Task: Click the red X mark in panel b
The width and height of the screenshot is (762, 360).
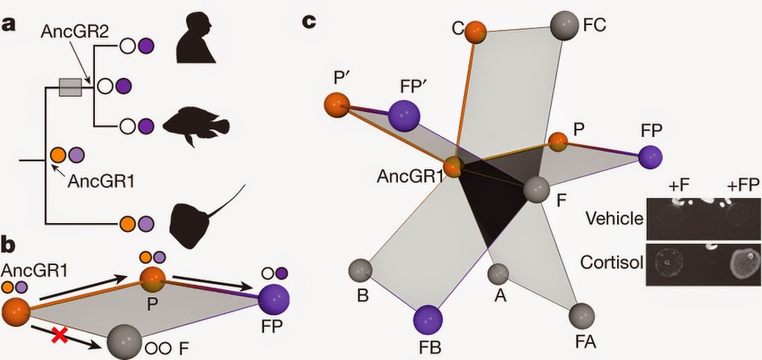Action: [x=60, y=336]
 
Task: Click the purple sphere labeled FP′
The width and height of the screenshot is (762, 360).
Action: [x=404, y=116]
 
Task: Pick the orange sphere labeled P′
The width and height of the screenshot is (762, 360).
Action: [x=337, y=106]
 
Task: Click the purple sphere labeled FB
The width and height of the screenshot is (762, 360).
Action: [x=428, y=321]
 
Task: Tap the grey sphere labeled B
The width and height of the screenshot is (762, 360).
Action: [x=361, y=270]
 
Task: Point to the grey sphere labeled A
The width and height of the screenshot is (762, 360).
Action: [x=498, y=274]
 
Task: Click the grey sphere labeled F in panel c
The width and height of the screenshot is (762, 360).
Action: [x=536, y=189]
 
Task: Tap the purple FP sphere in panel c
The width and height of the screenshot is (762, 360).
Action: [x=651, y=159]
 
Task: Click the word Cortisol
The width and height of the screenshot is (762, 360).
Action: [x=611, y=263]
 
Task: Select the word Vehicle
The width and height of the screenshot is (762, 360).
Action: [x=614, y=218]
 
